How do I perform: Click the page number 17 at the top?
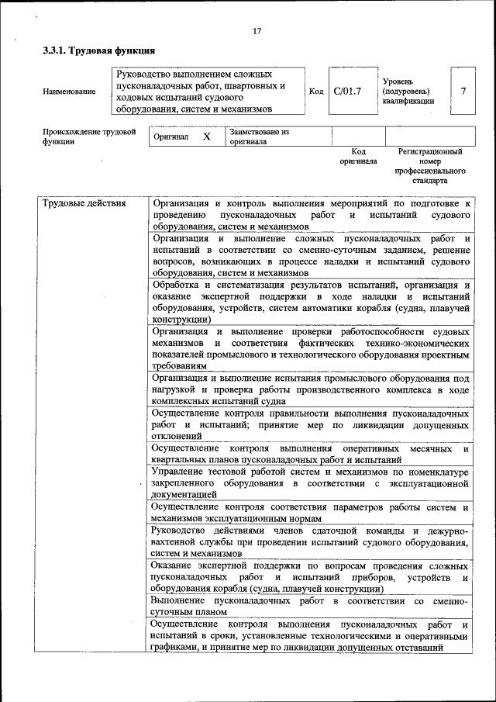[257, 31]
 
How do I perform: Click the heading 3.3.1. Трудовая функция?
[92, 52]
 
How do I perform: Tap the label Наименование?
[70, 92]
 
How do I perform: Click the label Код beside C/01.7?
[316, 92]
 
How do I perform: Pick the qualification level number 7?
[463, 92]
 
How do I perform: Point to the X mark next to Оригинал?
[206, 137]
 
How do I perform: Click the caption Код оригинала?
[358, 156]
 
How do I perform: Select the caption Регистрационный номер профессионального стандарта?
[430, 166]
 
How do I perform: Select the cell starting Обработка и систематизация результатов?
[310, 302]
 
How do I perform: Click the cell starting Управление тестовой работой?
[310, 482]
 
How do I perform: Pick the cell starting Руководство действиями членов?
[310, 542]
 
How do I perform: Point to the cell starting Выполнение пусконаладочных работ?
[310, 606]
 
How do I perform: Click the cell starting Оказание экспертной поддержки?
[310, 577]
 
